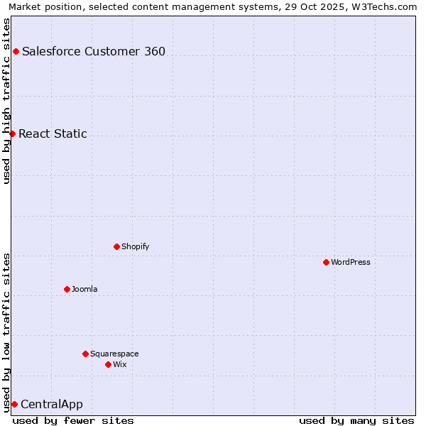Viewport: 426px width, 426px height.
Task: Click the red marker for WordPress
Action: coord(326,262)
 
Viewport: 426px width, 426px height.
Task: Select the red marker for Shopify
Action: coord(116,246)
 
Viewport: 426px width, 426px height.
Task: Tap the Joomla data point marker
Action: coord(67,289)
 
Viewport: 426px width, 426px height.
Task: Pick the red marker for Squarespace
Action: coord(85,354)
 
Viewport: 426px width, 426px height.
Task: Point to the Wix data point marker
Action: coord(108,364)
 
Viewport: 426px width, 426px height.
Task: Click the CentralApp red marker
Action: coord(14,404)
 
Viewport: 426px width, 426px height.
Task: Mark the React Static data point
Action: coord(12,133)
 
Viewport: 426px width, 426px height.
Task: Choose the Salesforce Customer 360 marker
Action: coord(16,51)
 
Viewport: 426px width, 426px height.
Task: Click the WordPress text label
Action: coord(351,262)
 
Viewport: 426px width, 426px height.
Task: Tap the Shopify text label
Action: coord(136,246)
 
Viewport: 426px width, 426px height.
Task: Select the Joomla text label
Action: coord(84,289)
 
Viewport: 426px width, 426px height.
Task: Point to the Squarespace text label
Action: coord(114,354)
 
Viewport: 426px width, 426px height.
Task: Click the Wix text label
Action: coord(120,364)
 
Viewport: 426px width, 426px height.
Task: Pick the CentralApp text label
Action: coord(52,405)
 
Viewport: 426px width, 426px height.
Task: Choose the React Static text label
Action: coord(53,133)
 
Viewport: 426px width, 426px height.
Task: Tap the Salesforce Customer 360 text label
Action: coord(94,51)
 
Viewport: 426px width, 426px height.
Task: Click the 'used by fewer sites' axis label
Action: coord(73,420)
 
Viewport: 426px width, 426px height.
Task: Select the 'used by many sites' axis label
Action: coord(356,420)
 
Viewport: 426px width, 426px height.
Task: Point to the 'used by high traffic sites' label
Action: coord(6,101)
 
